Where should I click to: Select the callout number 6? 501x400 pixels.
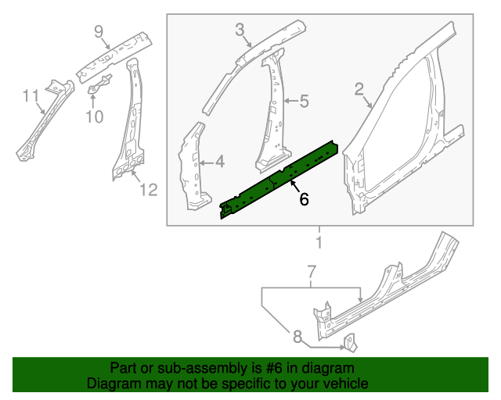[304, 200]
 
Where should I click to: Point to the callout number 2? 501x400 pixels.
[359, 90]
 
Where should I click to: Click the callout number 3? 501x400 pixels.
[240, 30]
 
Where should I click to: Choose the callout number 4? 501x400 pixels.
[219, 162]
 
